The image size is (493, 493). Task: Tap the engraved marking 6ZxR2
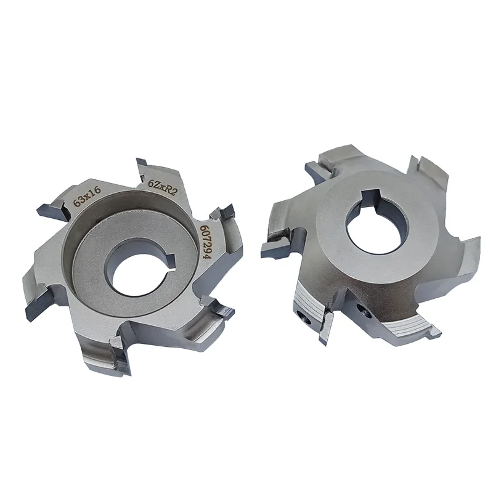click(x=163, y=187)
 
